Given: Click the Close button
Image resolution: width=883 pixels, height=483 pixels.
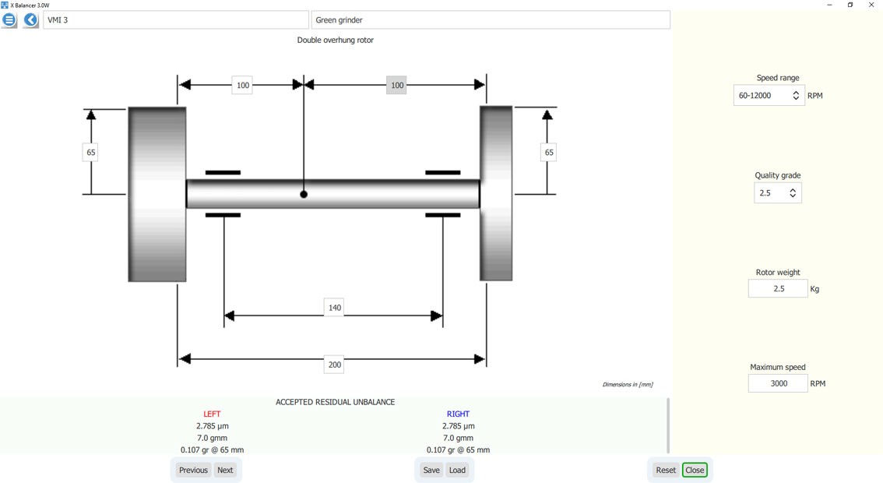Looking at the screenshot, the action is coord(695,470).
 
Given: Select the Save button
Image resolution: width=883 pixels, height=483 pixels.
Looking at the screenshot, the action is coord(431,470).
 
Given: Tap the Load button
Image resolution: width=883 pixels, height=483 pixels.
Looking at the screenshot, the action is coord(457,470).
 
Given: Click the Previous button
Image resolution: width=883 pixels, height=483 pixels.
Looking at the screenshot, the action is coord(193,470).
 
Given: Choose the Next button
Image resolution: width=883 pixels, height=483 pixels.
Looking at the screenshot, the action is coord(225,470).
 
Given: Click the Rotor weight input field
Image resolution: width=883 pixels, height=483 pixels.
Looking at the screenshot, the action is coord(778,288).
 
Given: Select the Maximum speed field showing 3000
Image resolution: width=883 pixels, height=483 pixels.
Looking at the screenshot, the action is coord(778,383).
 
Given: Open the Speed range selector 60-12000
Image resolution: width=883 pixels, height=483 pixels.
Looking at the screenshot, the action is coord(769,96).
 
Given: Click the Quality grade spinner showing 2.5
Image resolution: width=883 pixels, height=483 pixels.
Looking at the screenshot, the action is coord(778,192).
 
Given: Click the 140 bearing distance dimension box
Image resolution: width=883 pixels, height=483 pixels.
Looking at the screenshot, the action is coord(335,308).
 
